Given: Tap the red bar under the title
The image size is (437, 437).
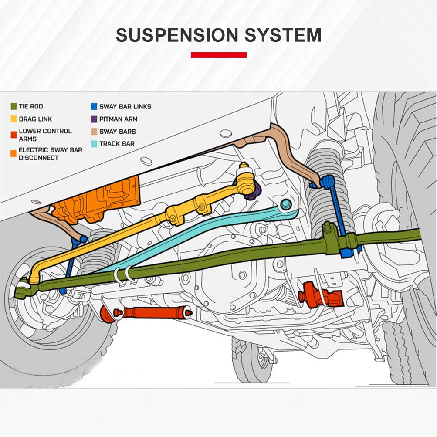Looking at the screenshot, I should coord(218,55).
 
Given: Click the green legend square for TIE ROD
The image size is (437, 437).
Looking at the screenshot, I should coord(13,106).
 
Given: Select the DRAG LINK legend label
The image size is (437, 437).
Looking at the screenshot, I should coord(35,119).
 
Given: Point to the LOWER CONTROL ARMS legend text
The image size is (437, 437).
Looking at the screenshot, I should coord(45,135).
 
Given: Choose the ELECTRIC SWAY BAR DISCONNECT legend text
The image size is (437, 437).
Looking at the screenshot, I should coord(50,154).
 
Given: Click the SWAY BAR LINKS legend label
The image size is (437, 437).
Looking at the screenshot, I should coord(125,106).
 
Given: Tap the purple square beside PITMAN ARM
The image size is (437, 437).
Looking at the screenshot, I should coord(94,119).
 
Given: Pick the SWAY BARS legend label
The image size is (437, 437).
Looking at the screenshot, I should coord(117,131).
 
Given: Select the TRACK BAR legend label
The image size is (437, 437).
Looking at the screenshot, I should coord(117,144).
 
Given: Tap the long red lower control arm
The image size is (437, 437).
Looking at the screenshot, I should coord(152,312).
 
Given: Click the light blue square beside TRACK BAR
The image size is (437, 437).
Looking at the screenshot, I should coord(94,144).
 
